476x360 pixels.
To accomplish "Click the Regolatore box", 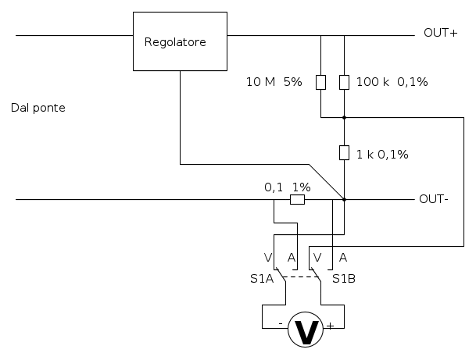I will (x=180, y=42).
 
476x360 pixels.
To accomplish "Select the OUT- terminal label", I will (x=433, y=198).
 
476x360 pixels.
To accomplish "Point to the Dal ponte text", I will (x=38, y=108).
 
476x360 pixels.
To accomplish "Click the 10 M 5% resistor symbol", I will (x=320, y=82).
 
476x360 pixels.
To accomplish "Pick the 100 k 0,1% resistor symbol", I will (x=344, y=82).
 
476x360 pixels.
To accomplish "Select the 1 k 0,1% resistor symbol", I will (x=344, y=152).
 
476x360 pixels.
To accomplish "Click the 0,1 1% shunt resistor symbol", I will (x=297, y=200).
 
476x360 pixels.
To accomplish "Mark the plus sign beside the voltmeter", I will (x=330, y=325).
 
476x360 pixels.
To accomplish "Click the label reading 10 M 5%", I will (x=274, y=82).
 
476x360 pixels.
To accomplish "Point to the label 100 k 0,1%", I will (x=392, y=82).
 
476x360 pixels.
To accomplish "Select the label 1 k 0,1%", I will (x=383, y=154).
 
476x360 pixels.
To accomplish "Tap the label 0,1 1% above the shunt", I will (x=287, y=187).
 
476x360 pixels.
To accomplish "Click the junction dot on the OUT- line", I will (x=344, y=199).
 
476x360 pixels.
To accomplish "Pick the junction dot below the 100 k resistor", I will (x=344, y=118).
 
